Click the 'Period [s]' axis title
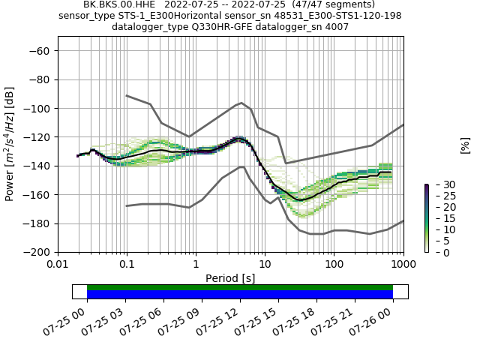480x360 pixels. pyautogui.click(x=230, y=278)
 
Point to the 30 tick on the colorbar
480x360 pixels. pyautogui.click(x=439, y=184)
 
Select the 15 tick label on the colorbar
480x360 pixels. pyautogui.click(x=439, y=218)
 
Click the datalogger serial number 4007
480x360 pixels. pyautogui.click(x=336, y=27)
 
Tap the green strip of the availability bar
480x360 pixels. pyautogui.click(x=240, y=287)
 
